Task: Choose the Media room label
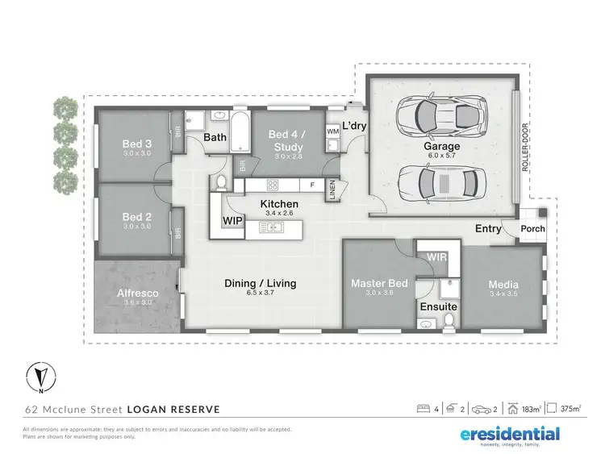click(503, 285)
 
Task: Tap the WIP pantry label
click(232, 220)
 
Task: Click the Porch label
click(532, 228)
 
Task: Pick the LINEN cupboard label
click(332, 191)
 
